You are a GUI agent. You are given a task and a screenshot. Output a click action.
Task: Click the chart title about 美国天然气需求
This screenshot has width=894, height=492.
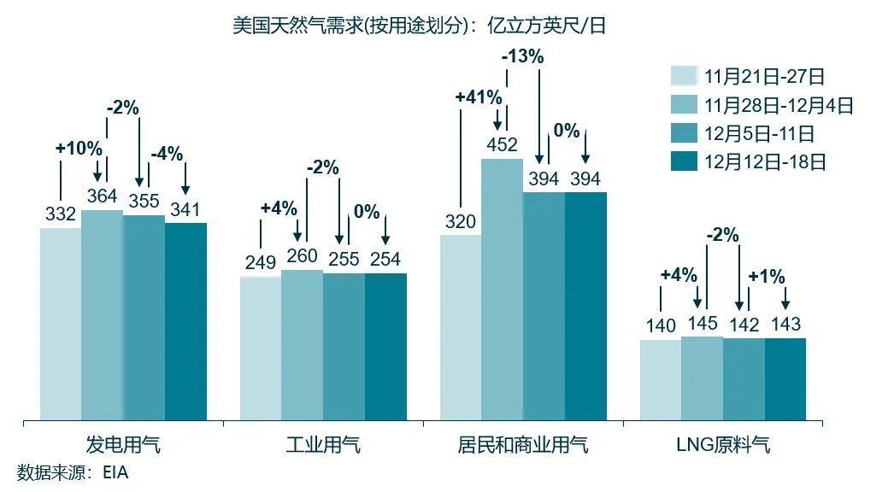[x=419, y=26]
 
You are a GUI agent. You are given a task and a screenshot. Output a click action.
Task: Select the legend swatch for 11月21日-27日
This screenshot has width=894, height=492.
[x=685, y=77]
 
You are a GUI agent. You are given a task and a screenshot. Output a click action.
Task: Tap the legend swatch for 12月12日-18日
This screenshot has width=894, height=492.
[x=685, y=161]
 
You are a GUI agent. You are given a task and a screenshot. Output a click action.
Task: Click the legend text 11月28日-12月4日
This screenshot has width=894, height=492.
[x=779, y=105]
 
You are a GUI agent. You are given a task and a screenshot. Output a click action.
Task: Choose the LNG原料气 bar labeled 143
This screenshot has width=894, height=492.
[x=785, y=379]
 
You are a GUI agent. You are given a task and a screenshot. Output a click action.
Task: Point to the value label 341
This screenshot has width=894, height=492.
[x=185, y=209]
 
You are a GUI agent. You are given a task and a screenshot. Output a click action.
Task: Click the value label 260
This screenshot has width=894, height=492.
[x=302, y=256]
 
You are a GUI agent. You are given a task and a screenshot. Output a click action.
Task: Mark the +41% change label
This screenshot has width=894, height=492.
[x=478, y=97]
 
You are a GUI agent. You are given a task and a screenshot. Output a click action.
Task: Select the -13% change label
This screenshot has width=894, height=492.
[x=522, y=57]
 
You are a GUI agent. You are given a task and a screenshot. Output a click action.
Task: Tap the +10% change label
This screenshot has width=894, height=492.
[x=79, y=148]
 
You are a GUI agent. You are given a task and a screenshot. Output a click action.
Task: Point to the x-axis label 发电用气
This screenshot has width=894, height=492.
[x=123, y=446]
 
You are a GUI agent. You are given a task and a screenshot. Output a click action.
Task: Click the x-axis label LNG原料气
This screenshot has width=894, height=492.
[x=722, y=446]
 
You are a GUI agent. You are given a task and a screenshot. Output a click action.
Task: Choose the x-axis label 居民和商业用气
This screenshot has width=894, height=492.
[x=523, y=446]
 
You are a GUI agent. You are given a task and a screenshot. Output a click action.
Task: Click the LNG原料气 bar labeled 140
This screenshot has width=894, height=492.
[x=660, y=380]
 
